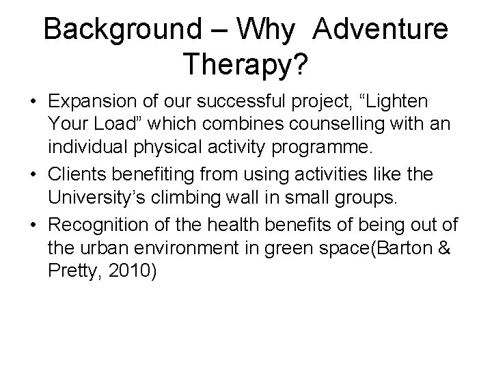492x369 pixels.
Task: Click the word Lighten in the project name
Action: tap(399, 102)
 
